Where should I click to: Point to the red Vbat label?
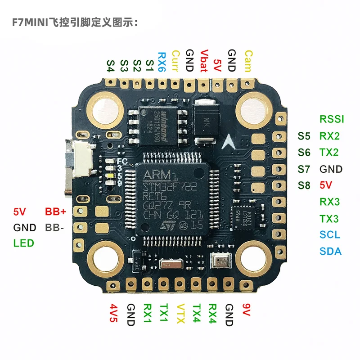pyautogui.click(x=203, y=61)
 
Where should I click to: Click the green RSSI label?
pyautogui.click(x=332, y=119)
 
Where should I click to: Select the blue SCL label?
pyautogui.click(x=330, y=235)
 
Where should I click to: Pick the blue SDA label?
pyautogui.click(x=331, y=252)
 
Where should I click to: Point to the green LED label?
pyautogui.click(x=23, y=243)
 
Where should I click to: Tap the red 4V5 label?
pyautogui.click(x=113, y=315)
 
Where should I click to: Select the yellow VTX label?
pyautogui.click(x=180, y=315)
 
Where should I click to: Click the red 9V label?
pyautogui.click(x=246, y=311)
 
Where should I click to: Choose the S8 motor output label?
pyautogui.click(x=304, y=185)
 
